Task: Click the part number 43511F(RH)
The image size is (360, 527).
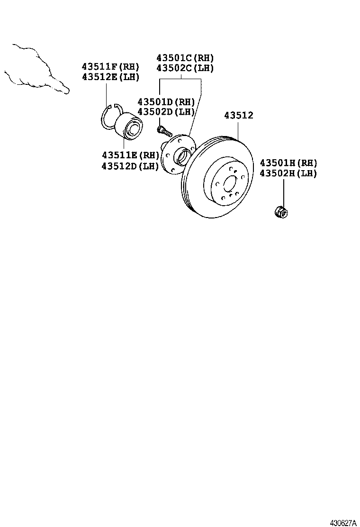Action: pyautogui.click(x=110, y=67)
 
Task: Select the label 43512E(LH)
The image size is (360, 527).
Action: pyautogui.click(x=110, y=77)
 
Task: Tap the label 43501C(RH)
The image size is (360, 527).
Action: pyautogui.click(x=185, y=58)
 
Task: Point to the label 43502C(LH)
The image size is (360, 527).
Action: pyautogui.click(x=185, y=68)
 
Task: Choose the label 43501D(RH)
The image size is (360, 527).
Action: pyautogui.click(x=166, y=102)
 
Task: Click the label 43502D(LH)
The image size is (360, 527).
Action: pyautogui.click(x=166, y=112)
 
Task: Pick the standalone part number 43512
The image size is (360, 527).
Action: pyautogui.click(x=239, y=116)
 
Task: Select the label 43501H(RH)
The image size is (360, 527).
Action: pyautogui.click(x=288, y=164)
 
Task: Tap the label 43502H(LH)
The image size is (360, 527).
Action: pyautogui.click(x=288, y=173)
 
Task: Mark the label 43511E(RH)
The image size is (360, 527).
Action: pyautogui.click(x=131, y=155)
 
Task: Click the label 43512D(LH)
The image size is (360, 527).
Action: pyautogui.click(x=131, y=166)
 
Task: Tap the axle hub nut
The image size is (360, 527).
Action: pyautogui.click(x=281, y=212)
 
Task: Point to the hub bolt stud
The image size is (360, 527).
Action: pyautogui.click(x=164, y=130)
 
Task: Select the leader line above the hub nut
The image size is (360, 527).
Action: pyautogui.click(x=283, y=191)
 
